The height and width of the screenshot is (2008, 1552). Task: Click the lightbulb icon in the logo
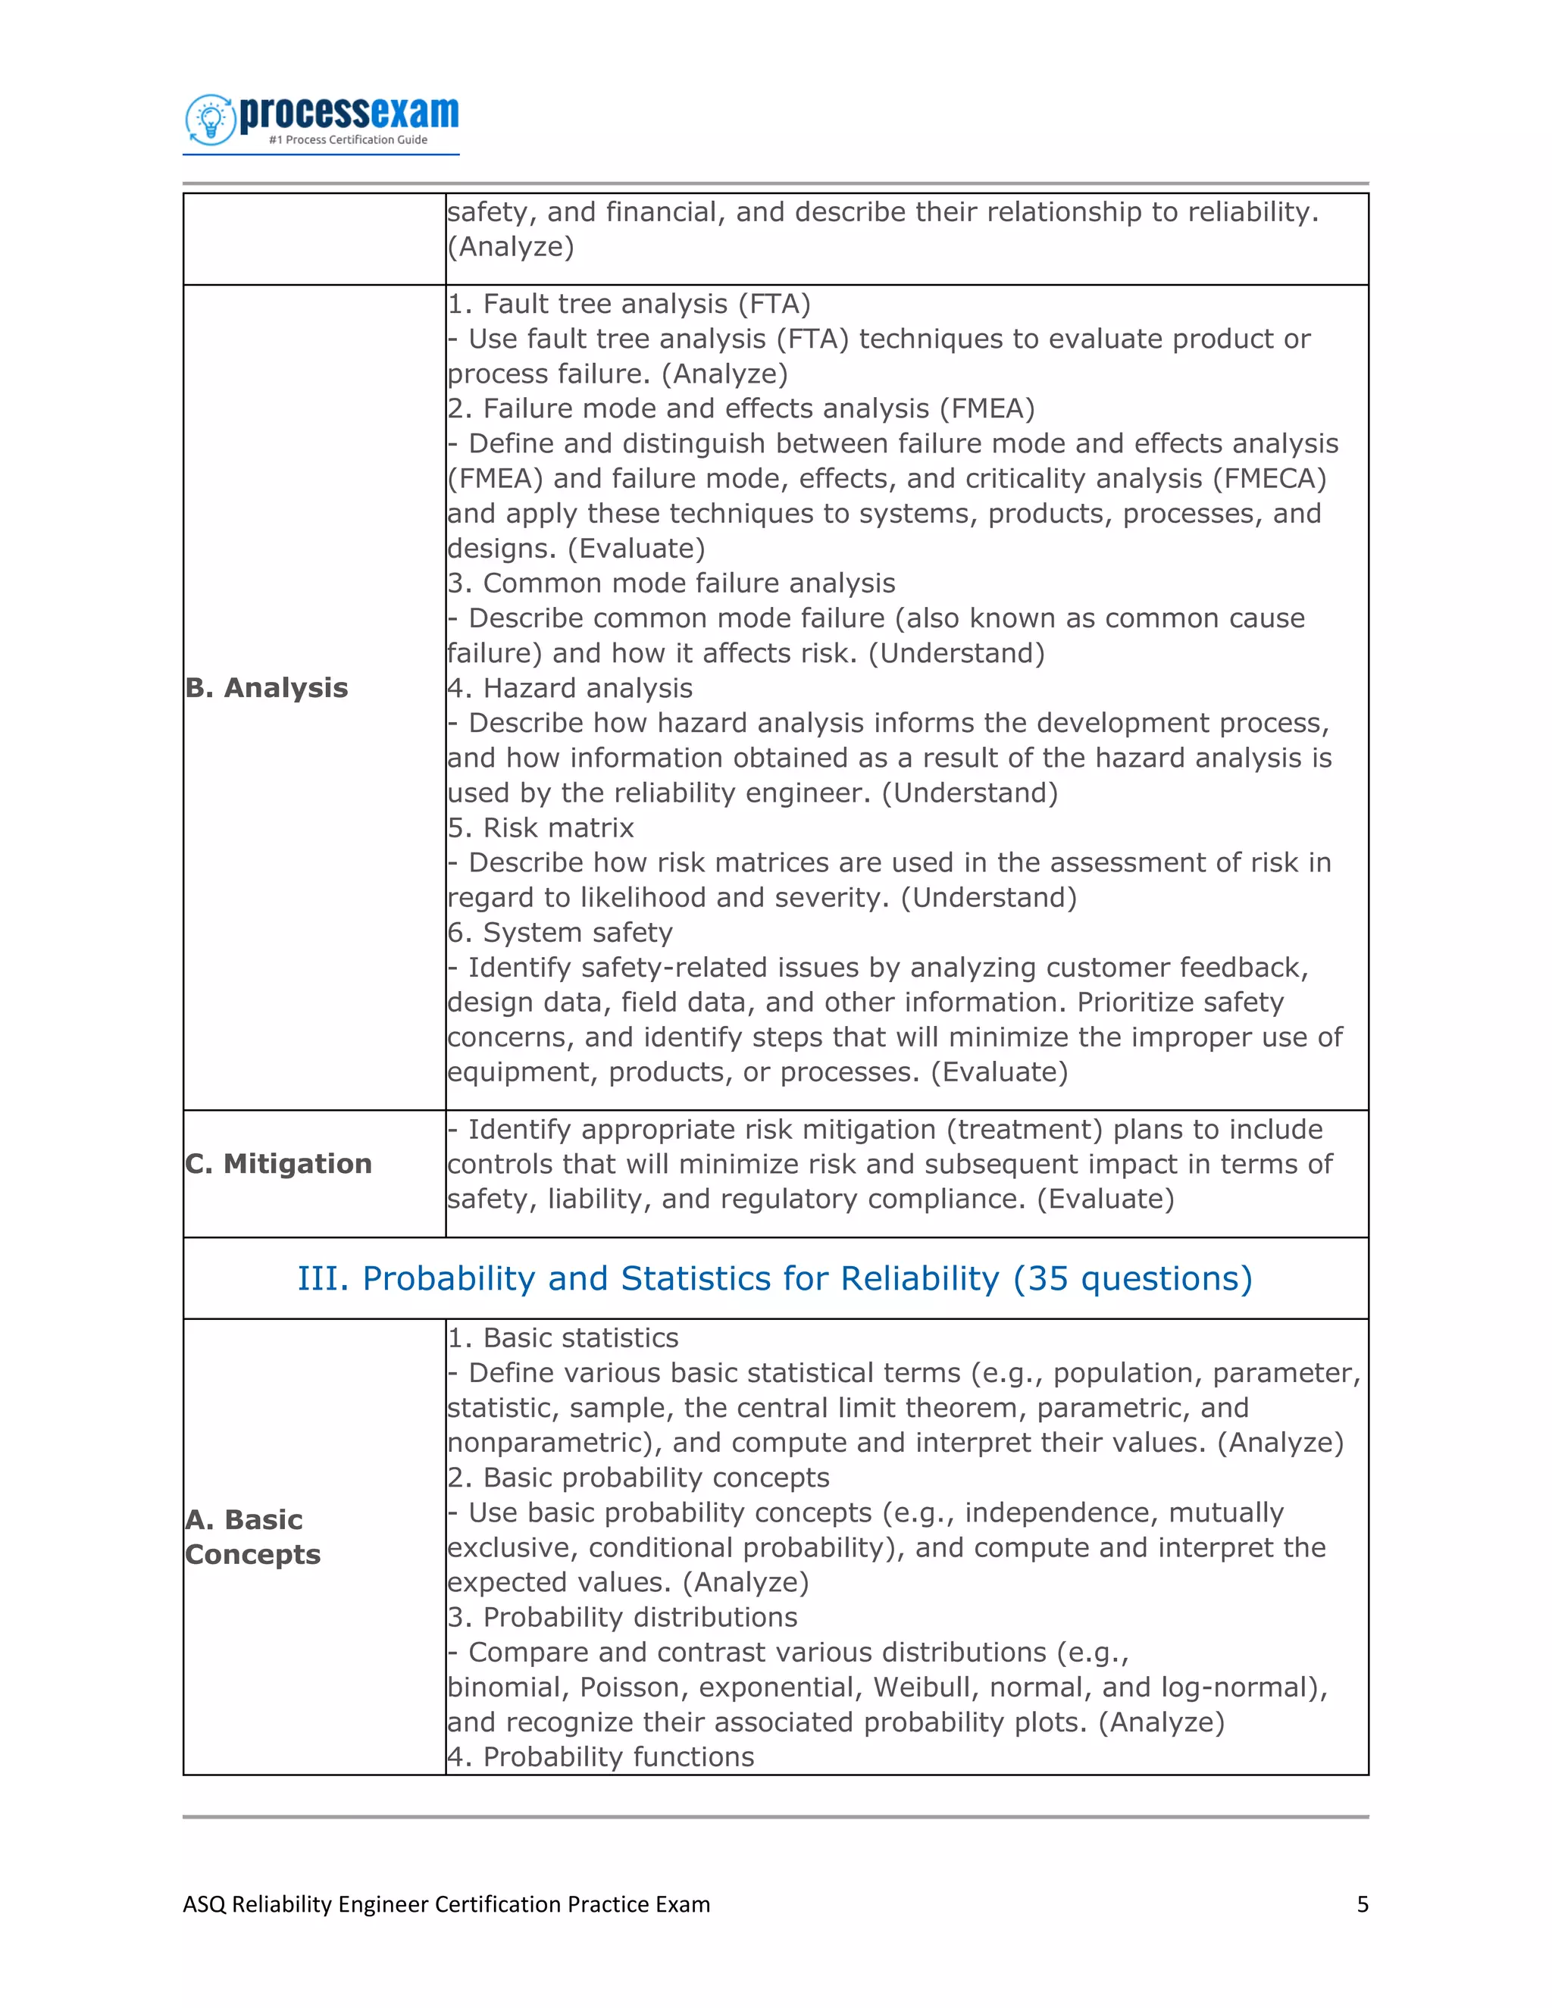[211, 120]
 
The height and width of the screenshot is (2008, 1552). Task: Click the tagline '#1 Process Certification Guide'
[348, 139]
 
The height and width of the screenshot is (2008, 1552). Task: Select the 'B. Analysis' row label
[267, 688]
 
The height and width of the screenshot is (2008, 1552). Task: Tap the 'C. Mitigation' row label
[279, 1164]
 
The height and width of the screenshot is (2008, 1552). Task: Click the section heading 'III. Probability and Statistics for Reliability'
[774, 1279]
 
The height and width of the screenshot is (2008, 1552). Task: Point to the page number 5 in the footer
[1362, 1904]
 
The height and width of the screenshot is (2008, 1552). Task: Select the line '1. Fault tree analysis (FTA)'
[629, 305]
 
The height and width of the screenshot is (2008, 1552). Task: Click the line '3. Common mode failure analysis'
[671, 583]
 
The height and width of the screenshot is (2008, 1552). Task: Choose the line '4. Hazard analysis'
[570, 689]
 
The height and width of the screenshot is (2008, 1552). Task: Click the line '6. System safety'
[560, 934]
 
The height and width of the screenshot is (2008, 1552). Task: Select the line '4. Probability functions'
[600, 1757]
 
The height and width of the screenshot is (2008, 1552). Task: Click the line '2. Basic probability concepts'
[638, 1478]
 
